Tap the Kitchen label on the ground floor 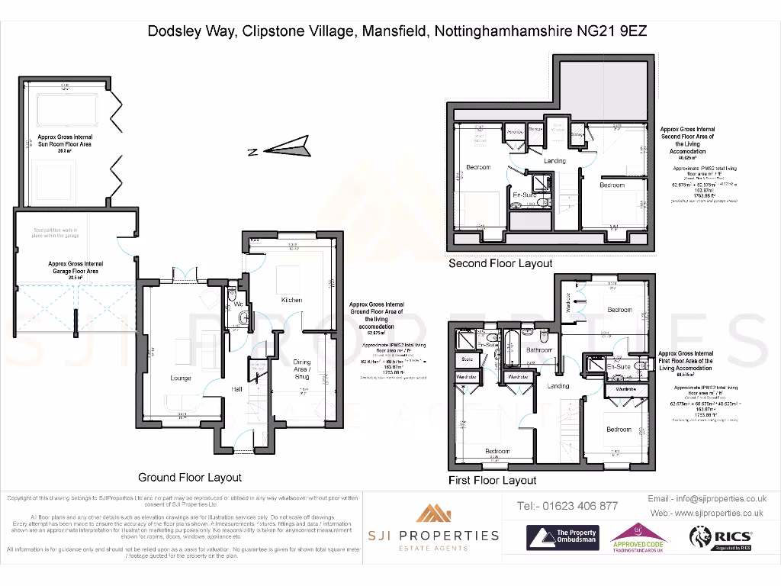(292, 300)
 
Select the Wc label (237, 304)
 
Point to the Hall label (238, 390)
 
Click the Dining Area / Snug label (302, 369)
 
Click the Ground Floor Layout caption (189, 477)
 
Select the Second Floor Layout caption (500, 263)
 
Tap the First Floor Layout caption (492, 480)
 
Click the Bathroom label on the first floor (539, 350)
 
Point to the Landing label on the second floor (554, 161)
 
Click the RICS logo (721, 538)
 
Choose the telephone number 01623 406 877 (567, 506)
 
